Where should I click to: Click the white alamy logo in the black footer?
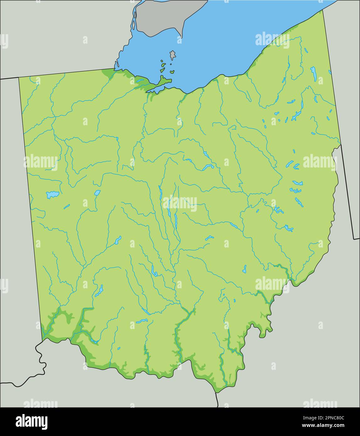coord(31,422)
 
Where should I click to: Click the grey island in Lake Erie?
coord(172,56)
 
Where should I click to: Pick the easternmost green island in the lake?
coord(172,72)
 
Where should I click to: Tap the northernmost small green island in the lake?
coord(162,61)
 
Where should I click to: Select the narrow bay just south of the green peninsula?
coord(154,91)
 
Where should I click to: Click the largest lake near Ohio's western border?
coord(52,195)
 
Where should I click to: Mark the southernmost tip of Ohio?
coord(216,392)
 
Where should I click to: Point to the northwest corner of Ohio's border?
coord(19,77)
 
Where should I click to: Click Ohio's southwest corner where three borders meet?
coord(42,339)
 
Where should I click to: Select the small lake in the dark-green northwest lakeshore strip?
coord(139,81)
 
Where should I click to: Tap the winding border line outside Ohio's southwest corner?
coord(40,361)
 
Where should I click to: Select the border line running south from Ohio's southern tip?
coord(217,400)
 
